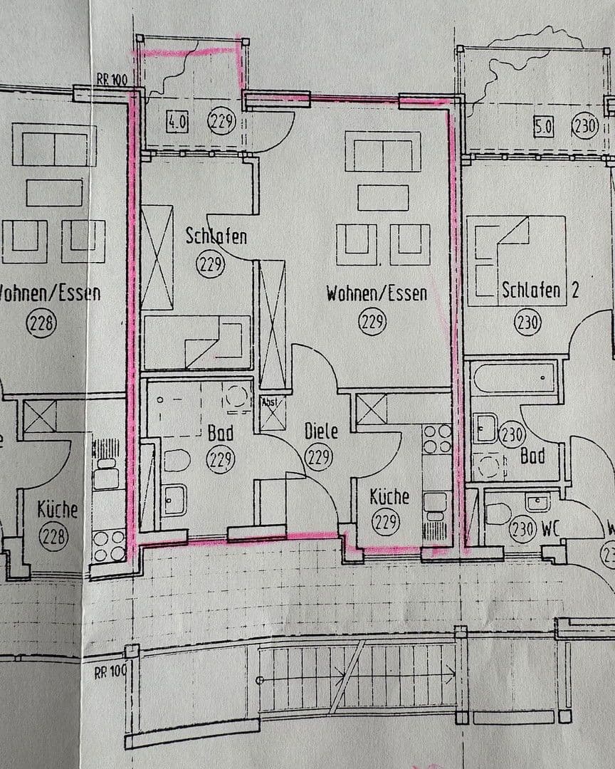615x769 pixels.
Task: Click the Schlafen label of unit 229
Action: (216, 235)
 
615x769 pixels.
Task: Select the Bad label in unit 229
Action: (221, 432)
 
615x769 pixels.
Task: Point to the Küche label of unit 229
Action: (389, 496)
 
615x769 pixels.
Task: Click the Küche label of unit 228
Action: (57, 510)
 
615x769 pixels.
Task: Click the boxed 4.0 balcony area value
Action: (177, 122)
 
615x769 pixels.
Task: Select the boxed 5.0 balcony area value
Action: (543, 127)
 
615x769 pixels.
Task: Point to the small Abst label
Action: (271, 402)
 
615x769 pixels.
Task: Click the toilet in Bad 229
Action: (176, 460)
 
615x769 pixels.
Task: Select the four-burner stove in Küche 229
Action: (436, 439)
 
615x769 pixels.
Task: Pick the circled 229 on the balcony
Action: (221, 122)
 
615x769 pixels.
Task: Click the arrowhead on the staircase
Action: (453, 671)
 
